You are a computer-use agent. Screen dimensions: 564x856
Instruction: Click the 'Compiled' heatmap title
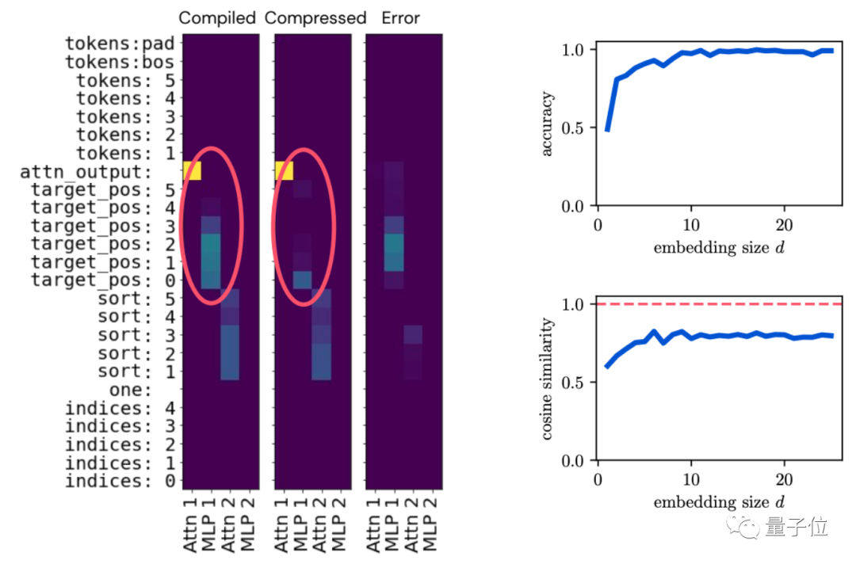tap(218, 17)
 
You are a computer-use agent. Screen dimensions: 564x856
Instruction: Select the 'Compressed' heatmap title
tap(315, 17)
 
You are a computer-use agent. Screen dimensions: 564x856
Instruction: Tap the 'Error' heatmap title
tap(401, 17)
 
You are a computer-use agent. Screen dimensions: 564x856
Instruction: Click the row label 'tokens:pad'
tap(120, 44)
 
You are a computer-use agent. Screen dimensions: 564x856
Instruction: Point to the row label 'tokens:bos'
tap(120, 62)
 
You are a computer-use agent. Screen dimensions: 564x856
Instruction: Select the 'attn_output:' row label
tap(97, 172)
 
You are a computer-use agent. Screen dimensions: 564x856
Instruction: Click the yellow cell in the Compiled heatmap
tap(193, 171)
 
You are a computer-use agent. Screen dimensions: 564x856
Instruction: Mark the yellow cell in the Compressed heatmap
tap(284, 171)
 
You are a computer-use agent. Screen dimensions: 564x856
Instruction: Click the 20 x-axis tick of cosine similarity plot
tap(784, 480)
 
